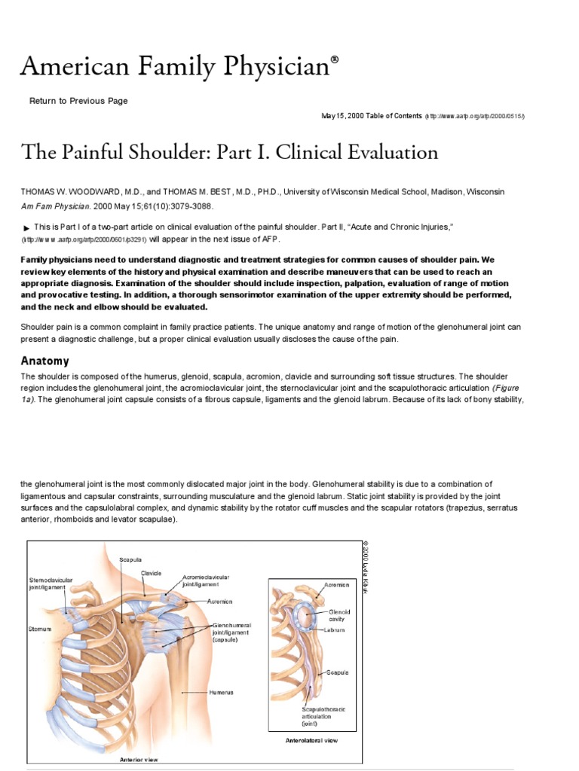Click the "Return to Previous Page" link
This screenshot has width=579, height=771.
78,101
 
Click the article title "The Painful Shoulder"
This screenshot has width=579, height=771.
229,153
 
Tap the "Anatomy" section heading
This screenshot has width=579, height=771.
45,361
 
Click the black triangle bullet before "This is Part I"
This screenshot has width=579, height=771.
27,228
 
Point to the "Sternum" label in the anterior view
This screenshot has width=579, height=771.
40,628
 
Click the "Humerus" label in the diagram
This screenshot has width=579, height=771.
222,692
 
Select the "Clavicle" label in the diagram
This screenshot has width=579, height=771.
152,573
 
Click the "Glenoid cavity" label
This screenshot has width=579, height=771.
340,616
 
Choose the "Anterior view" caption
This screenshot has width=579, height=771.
139,760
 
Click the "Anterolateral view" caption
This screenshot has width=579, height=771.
312,741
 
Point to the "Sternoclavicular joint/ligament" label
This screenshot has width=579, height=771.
51,584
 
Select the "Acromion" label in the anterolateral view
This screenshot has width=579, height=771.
337,584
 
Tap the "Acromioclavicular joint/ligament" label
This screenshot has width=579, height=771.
206,581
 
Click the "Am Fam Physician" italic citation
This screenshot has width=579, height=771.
57,206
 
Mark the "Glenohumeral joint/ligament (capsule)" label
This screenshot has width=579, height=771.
231,632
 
